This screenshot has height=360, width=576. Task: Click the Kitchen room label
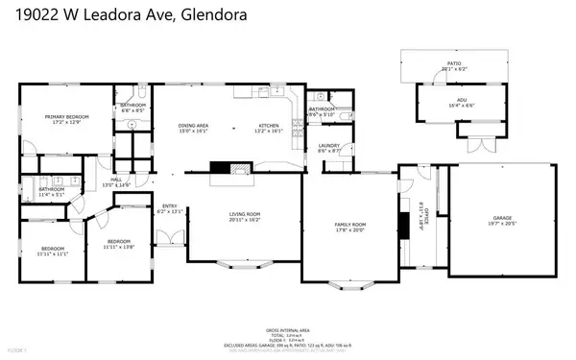coord(268,126)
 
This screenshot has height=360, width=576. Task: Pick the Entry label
coord(169,206)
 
